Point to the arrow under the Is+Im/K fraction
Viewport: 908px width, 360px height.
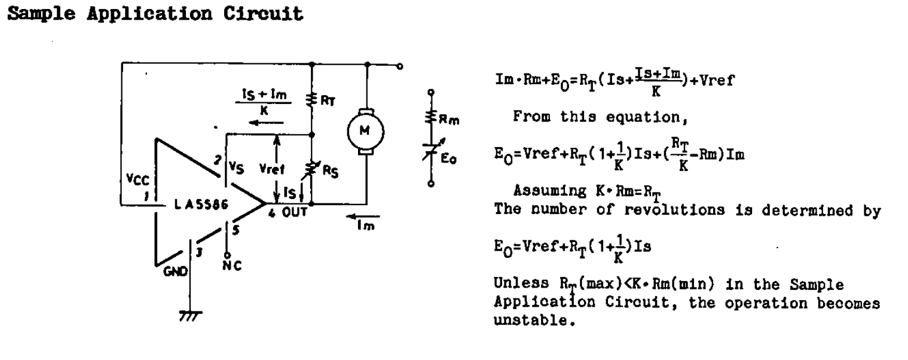pyautogui.click(x=265, y=123)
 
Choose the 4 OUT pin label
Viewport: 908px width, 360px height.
pyautogui.click(x=288, y=213)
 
